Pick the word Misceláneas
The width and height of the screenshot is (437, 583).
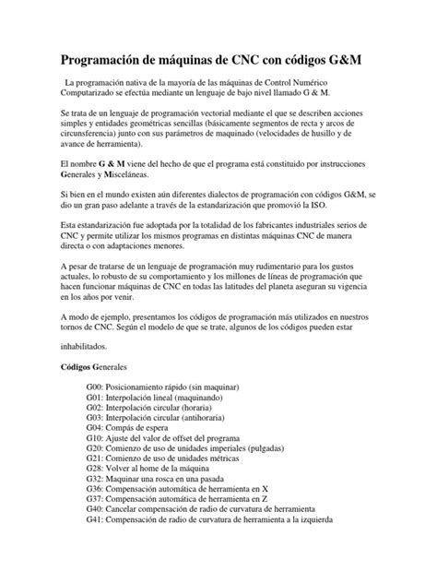tap(121, 174)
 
